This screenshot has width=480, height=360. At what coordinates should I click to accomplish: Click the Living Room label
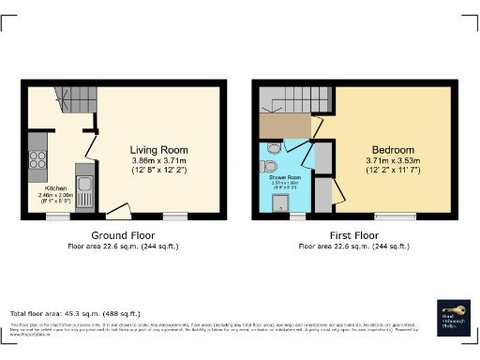pos(158,150)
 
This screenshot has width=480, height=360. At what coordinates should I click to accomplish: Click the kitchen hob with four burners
pos(38,160)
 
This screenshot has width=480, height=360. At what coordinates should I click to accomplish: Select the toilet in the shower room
pos(272,147)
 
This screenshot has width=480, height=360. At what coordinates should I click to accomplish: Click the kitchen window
pos(58,216)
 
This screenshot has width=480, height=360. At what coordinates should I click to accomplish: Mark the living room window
pos(174,216)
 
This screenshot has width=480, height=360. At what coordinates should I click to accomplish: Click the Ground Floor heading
pos(122,234)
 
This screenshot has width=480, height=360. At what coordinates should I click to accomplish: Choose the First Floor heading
pos(352,234)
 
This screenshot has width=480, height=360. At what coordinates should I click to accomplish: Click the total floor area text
pos(75,313)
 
